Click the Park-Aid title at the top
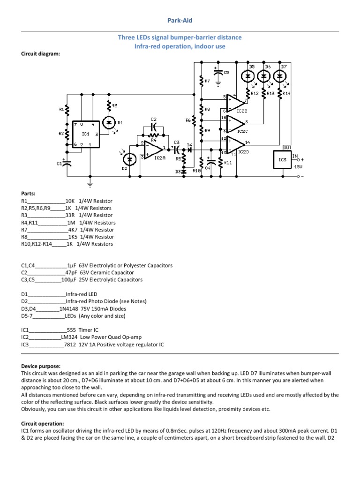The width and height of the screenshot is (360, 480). pyautogui.click(x=180, y=21)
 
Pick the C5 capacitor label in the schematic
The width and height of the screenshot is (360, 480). pyautogui.click(x=226, y=73)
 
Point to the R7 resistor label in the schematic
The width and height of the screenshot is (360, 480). pyautogui.click(x=207, y=81)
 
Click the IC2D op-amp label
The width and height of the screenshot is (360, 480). pyautogui.click(x=243, y=152)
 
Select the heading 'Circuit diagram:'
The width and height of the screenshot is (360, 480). pyautogui.click(x=41, y=54)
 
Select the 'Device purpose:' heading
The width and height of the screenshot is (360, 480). pyautogui.click(x=41, y=366)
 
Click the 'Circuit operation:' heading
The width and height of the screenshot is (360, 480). pyautogui.click(x=43, y=423)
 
